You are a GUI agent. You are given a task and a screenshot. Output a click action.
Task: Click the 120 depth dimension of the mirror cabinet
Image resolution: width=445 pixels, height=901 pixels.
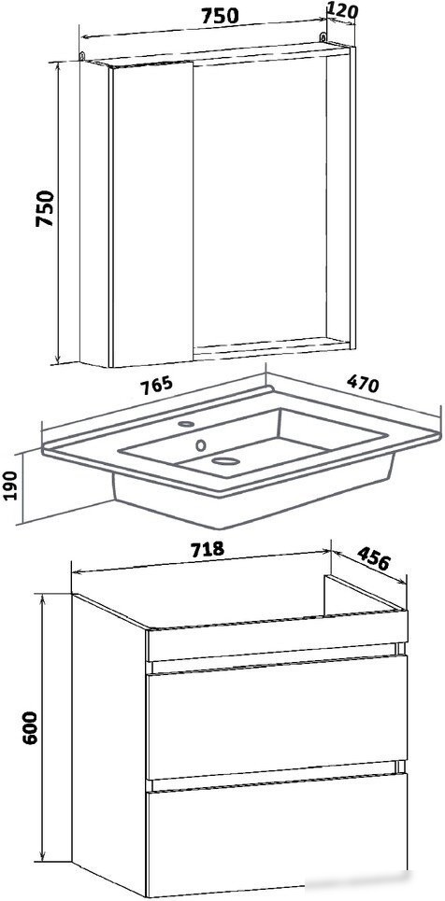coord(342,9)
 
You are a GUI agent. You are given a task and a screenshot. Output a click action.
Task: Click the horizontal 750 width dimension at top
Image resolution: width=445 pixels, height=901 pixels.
coord(220,17)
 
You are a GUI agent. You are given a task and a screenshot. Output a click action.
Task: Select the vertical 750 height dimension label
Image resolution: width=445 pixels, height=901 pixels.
coord(45,208)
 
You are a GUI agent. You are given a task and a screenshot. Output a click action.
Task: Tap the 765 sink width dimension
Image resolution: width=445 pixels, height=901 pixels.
coord(156,385)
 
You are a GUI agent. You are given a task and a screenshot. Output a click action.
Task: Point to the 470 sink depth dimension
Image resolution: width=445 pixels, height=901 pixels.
coord(362,383)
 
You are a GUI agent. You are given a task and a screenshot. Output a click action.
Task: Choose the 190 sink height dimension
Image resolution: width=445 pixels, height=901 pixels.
coord(12,484)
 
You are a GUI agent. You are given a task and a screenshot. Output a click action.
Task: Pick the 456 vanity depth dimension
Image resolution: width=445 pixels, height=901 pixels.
coord(374,557)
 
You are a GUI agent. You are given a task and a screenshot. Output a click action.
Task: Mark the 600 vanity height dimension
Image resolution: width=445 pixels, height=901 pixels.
coord(29,727)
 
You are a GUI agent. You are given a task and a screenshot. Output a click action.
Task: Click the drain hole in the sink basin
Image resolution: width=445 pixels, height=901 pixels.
coord(225,460)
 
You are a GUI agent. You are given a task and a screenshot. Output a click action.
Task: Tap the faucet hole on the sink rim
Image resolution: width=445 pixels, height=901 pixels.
coord(186,424)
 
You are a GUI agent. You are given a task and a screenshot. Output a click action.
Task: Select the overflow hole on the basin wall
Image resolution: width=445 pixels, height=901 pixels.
coord(201,444)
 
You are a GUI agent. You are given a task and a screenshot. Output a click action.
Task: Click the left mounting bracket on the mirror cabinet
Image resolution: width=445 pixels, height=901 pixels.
coord(81,56)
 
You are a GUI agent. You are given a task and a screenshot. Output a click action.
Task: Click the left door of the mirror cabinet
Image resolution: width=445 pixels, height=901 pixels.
coord(152,215)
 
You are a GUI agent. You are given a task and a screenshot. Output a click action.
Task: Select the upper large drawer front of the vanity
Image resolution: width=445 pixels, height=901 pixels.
coord(278,717)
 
